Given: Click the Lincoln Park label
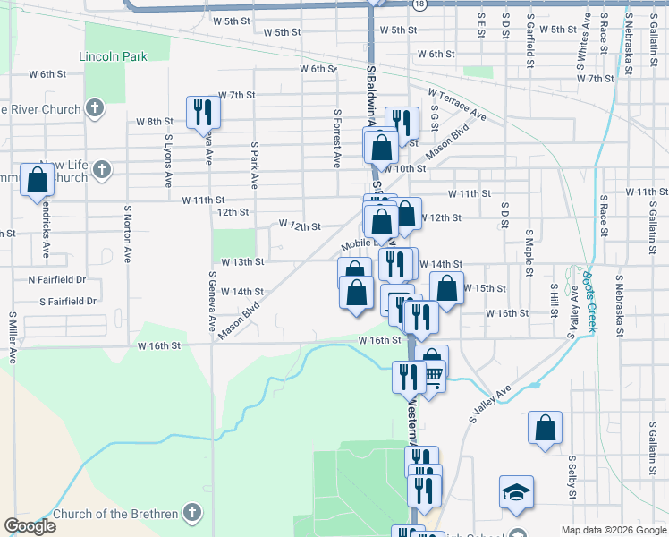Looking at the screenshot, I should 113,56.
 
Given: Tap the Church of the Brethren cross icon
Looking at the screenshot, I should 190,513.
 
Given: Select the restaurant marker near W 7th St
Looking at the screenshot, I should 203,112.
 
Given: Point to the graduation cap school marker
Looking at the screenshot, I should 516,491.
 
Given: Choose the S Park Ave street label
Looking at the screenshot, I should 255,164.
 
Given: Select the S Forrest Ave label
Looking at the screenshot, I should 337,139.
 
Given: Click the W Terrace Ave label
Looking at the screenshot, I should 456,105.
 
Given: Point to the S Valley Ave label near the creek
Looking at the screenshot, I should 489,404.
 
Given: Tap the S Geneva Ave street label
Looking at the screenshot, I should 213,303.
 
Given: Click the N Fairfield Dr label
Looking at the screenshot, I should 56,279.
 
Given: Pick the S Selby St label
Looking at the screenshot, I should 572,478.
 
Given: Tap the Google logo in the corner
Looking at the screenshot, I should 30,526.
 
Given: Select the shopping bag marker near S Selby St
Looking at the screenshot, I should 545,430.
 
